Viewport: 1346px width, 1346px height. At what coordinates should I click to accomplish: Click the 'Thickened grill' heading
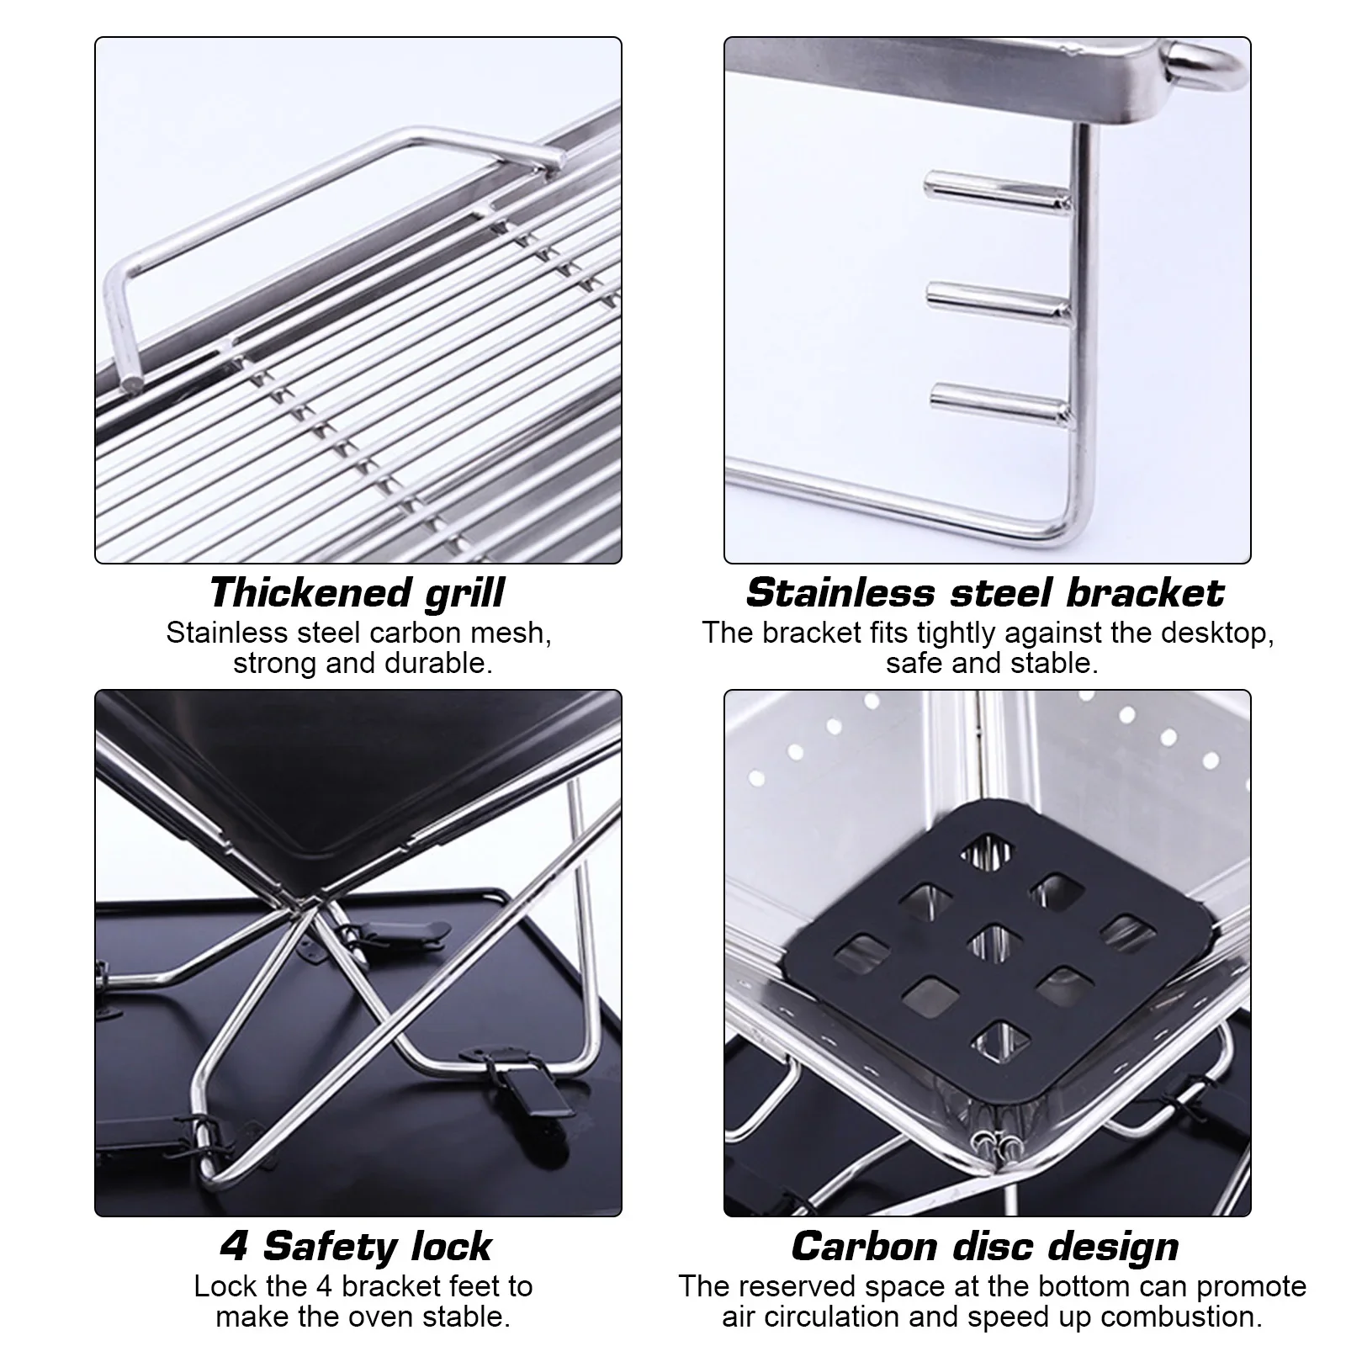coord(357,592)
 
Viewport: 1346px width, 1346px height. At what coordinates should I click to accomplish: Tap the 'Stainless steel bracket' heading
coord(985,592)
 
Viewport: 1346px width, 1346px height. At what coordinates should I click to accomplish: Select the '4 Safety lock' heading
coord(357,1246)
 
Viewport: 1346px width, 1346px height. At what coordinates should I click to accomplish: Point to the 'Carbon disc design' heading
coord(985,1246)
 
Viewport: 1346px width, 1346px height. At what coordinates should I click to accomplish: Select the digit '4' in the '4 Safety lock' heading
coord(234,1246)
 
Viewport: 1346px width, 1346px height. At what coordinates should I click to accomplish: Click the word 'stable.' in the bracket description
coord(1057,663)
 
